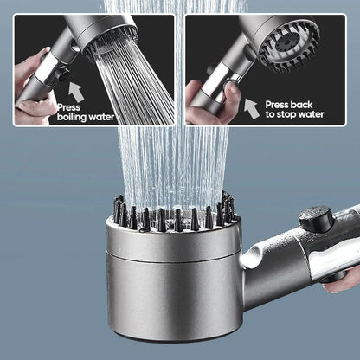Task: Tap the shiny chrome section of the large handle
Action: [x=333, y=260]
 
